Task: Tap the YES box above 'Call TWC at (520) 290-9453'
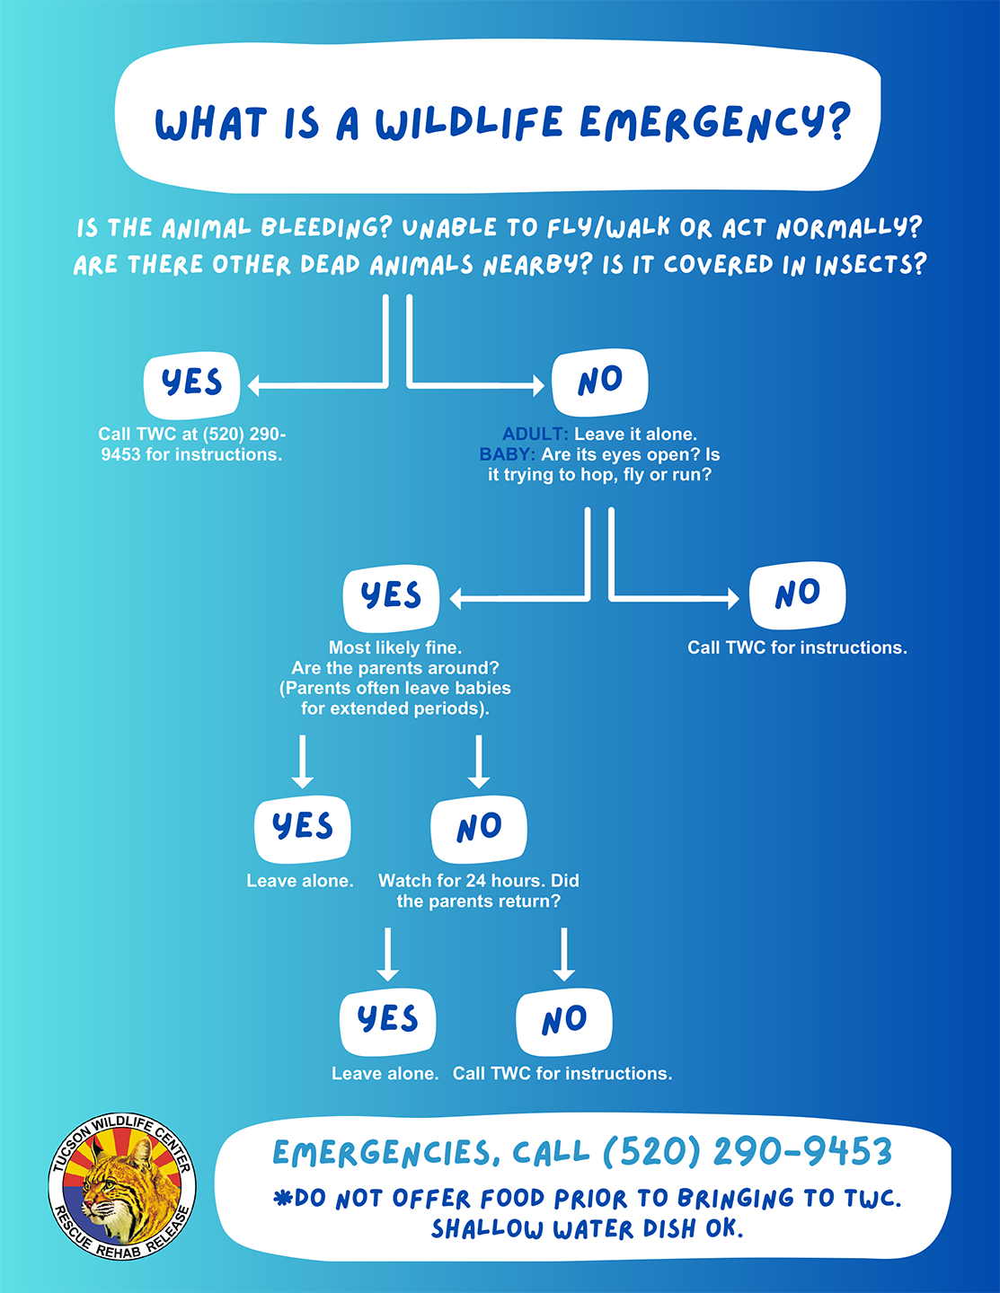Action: click(191, 385)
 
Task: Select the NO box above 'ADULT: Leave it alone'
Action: click(600, 383)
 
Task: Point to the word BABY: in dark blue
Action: click(507, 454)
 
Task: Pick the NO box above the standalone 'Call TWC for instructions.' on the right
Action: click(798, 595)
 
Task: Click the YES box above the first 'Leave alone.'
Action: click(303, 830)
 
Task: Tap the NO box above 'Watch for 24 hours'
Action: click(479, 830)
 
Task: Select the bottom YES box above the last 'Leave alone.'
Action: click(387, 1022)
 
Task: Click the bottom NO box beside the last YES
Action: click(563, 1022)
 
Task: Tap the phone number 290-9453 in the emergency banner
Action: click(803, 1151)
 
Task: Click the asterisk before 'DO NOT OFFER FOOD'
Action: click(281, 1197)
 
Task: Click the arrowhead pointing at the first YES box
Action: click(253, 385)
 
